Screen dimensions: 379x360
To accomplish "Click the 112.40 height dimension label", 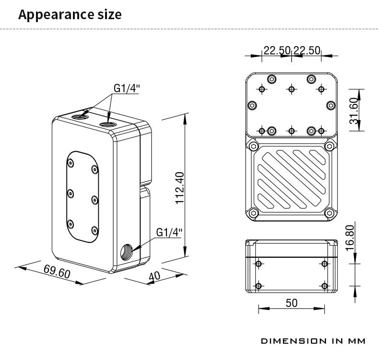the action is tap(180, 188).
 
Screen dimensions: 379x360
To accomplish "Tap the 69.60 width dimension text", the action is tap(57, 272).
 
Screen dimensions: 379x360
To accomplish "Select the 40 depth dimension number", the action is tap(154, 276).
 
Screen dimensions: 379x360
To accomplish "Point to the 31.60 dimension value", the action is tap(353, 110).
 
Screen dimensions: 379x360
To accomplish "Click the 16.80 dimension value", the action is tap(350, 238).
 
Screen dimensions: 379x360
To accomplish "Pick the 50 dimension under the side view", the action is tap(292, 303).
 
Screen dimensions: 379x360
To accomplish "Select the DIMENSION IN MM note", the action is tap(313, 341).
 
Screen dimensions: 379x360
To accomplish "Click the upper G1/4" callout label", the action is tap(127, 88).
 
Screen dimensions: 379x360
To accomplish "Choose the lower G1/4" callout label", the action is tap(169, 232).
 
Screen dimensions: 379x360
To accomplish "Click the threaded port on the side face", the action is tap(126, 252).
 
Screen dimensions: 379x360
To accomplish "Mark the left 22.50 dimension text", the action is tap(277, 50).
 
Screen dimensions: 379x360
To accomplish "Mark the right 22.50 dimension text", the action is tap(307, 50).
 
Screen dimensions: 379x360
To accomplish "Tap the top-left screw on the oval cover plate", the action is tap(71, 163).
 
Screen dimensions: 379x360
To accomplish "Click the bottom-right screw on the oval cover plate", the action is tap(95, 230).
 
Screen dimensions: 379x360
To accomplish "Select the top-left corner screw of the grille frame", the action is tap(253, 146).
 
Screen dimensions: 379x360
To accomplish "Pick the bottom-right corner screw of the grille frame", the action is tap(329, 213).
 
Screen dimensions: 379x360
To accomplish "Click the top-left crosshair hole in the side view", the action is tap(259, 264).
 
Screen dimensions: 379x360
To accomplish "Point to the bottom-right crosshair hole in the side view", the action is tap(325, 286).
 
